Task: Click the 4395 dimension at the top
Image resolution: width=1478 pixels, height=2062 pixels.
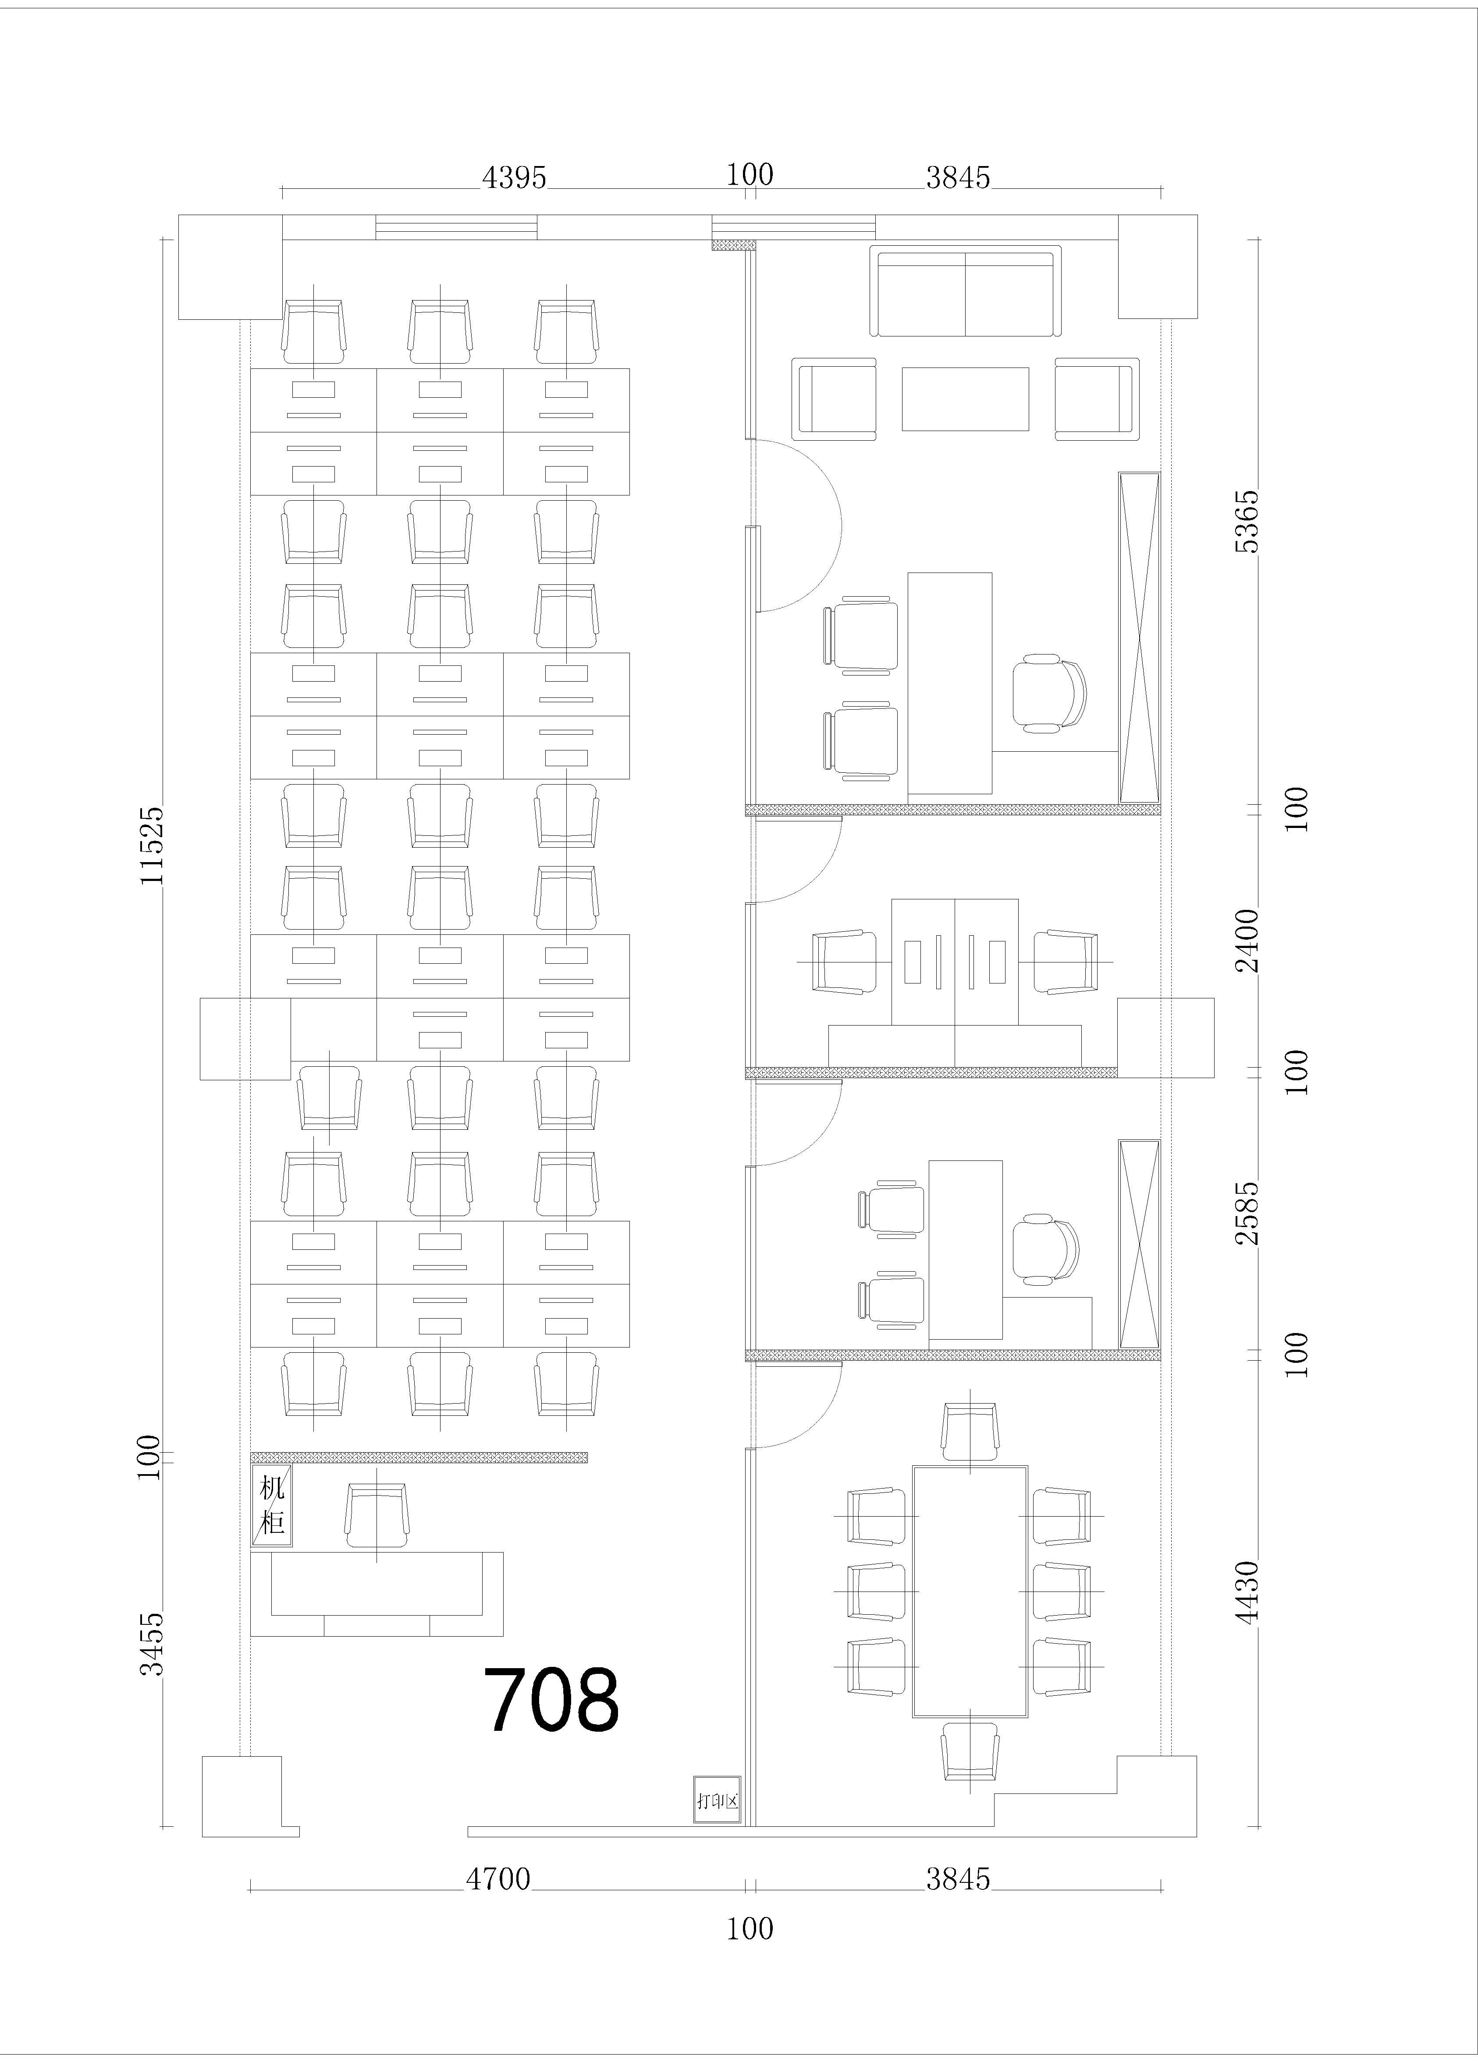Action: (514, 177)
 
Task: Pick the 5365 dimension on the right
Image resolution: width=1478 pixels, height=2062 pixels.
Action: (1247, 521)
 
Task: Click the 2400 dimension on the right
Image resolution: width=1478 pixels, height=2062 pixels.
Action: (1247, 941)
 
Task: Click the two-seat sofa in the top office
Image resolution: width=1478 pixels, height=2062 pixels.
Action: (965, 291)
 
